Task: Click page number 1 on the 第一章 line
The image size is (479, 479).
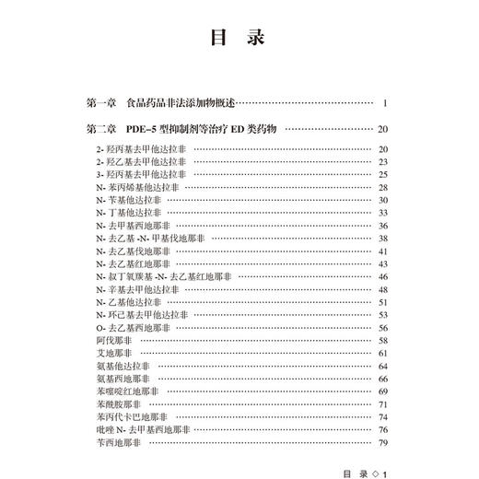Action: pos(391,101)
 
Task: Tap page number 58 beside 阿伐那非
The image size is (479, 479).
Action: pos(385,341)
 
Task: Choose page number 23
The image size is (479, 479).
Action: pos(385,161)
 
